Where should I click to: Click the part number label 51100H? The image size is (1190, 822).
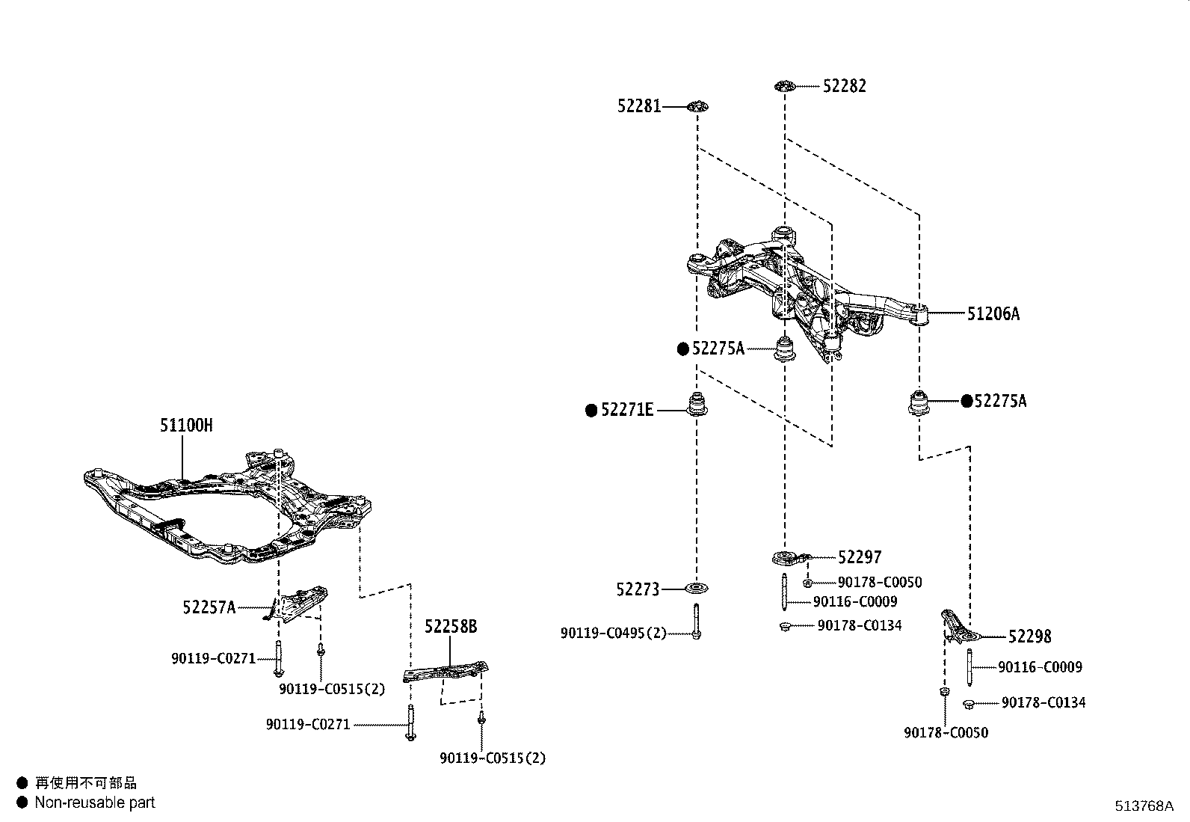186,426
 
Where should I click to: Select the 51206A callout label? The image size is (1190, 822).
993,314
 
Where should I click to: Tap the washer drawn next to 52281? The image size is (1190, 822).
697,107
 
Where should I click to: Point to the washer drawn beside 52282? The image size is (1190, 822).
783,86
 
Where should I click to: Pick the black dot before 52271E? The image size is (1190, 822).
591,410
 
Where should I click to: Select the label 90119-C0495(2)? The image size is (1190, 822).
613,634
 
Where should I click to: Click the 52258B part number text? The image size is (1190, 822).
451,627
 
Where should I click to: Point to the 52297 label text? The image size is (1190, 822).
860,557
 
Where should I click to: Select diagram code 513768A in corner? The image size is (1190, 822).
1144,806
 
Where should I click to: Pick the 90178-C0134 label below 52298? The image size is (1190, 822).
1043,703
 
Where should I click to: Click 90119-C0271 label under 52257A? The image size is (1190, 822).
213,659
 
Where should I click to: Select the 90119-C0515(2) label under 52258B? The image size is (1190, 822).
493,758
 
